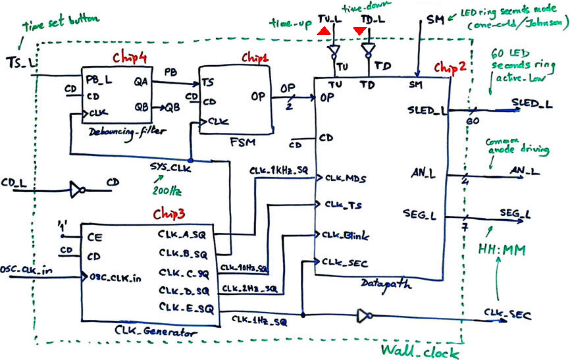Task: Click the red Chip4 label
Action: tap(128, 57)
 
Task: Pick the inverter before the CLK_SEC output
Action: tap(362, 317)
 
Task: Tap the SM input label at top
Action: tap(434, 21)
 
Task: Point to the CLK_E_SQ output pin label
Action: tap(183, 307)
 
